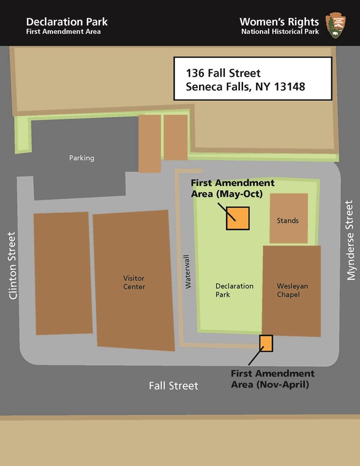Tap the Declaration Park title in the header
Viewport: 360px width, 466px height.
pos(66,22)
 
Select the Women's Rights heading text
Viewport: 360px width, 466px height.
pos(279,22)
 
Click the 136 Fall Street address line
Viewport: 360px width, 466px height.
pos(224,73)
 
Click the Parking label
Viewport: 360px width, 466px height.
pos(81,158)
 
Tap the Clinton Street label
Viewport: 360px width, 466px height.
pos(13,266)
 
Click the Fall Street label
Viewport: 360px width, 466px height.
pos(173,386)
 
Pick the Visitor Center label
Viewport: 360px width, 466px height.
pos(134,283)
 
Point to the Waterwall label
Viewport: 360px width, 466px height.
pos(188,272)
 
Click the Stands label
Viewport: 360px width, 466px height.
pos(287,221)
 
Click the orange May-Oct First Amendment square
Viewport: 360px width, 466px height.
pos(238,218)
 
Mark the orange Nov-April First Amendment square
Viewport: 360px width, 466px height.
pos(266,344)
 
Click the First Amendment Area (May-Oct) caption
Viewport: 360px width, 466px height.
pos(232,187)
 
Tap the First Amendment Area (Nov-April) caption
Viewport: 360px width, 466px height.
pos(272,378)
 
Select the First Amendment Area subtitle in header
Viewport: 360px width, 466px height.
pos(63,32)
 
